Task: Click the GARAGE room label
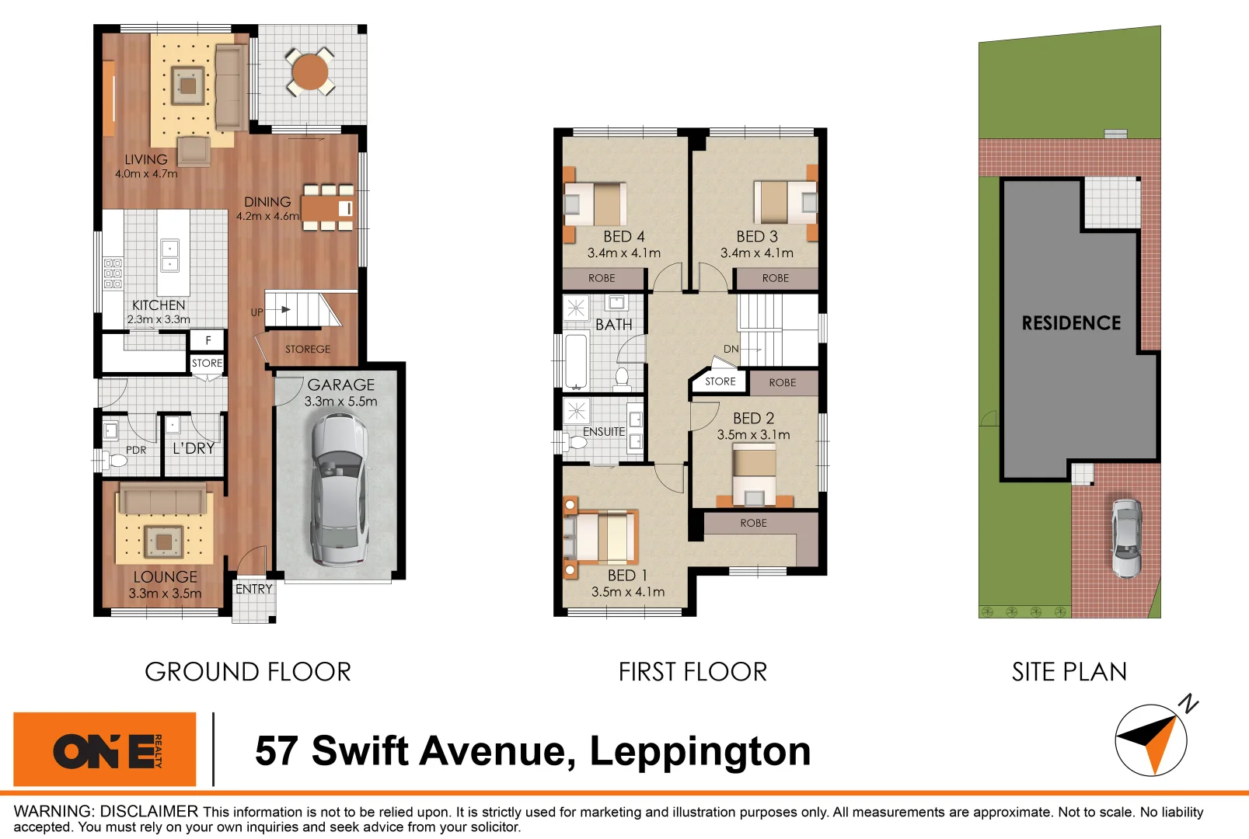point(340,385)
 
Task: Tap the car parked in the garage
point(338,489)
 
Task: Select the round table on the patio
point(310,72)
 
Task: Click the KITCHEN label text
point(159,305)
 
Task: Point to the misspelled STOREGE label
point(307,350)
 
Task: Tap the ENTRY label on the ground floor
point(254,590)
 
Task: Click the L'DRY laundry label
point(194,448)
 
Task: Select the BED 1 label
point(627,576)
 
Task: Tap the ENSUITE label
point(604,432)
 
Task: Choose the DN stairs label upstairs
point(731,349)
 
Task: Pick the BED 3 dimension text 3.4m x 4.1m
point(756,253)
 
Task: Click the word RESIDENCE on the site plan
point(1071,323)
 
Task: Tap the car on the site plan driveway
point(1126,538)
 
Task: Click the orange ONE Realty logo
point(105,750)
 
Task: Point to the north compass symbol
point(1151,740)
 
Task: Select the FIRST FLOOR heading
point(693,672)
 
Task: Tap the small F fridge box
point(208,340)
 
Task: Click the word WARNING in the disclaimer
point(52,812)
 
